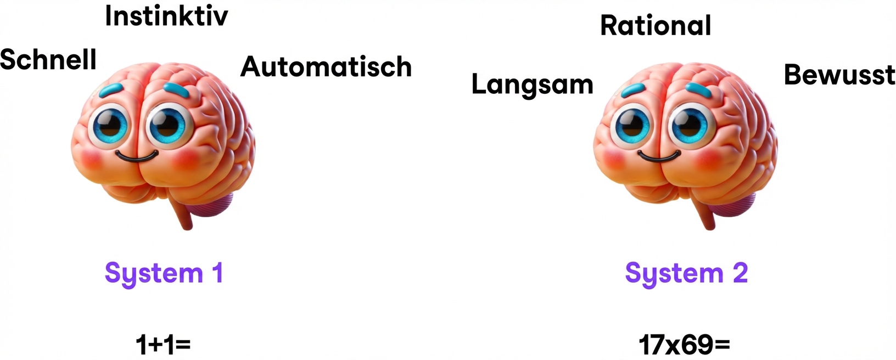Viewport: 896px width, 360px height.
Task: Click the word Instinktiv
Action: [x=166, y=16]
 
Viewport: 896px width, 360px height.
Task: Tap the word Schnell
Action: [x=48, y=59]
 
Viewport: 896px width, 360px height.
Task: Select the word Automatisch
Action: [x=326, y=67]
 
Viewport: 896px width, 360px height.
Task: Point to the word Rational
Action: [x=656, y=25]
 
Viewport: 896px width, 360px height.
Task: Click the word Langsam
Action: [x=532, y=85]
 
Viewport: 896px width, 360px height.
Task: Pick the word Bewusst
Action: [x=839, y=75]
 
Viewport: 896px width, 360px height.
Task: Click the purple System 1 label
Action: [x=164, y=273]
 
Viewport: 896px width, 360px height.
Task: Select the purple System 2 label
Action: [x=686, y=273]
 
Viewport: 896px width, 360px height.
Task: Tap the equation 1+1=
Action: [x=163, y=345]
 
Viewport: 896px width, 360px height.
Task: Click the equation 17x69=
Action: [x=684, y=345]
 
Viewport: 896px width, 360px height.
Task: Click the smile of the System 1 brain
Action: [x=137, y=157]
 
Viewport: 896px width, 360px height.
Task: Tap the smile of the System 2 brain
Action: [x=659, y=157]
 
